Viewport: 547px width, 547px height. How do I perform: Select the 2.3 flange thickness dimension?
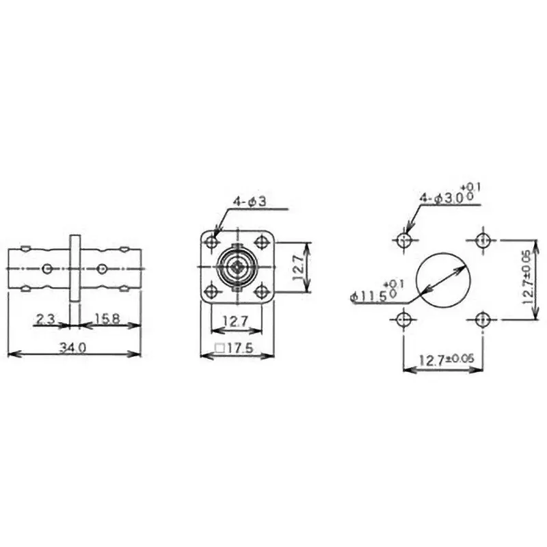coord(46,317)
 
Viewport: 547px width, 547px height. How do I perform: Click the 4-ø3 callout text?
coord(248,202)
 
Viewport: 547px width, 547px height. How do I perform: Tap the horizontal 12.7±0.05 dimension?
coord(442,360)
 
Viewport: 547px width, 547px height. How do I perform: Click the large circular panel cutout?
coord(443,278)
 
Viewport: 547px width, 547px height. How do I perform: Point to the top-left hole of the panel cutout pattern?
coord(404,240)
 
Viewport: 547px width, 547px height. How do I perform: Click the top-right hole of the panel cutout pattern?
coord(483,240)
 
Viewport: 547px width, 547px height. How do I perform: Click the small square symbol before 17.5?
coord(219,348)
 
